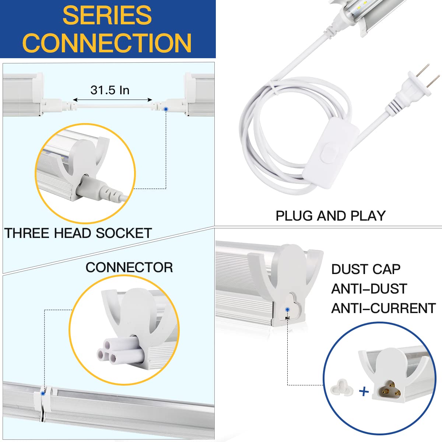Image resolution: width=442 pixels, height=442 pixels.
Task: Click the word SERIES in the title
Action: click(x=107, y=15)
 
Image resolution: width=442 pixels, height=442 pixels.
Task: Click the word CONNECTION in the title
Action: click(x=107, y=43)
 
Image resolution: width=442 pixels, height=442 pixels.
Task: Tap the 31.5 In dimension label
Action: click(x=110, y=90)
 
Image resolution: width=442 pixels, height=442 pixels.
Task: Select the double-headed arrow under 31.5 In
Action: click(x=112, y=100)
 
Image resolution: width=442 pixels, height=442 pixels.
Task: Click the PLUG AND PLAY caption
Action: click(x=330, y=216)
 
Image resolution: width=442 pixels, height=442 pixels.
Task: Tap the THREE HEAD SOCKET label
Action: click(x=78, y=233)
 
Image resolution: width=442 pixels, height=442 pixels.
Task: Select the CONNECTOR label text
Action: click(x=129, y=267)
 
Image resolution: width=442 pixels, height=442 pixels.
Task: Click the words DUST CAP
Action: click(x=365, y=269)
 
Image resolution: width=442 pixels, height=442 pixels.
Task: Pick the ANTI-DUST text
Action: click(x=369, y=289)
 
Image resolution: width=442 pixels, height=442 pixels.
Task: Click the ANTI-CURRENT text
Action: click(x=383, y=308)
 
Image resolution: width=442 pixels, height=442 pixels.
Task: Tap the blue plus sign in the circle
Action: click(x=364, y=391)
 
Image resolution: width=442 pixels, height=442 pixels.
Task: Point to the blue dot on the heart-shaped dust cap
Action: click(x=287, y=310)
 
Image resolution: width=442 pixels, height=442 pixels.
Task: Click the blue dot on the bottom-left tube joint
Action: click(x=43, y=393)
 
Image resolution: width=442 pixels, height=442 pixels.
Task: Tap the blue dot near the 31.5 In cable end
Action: click(x=166, y=109)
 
